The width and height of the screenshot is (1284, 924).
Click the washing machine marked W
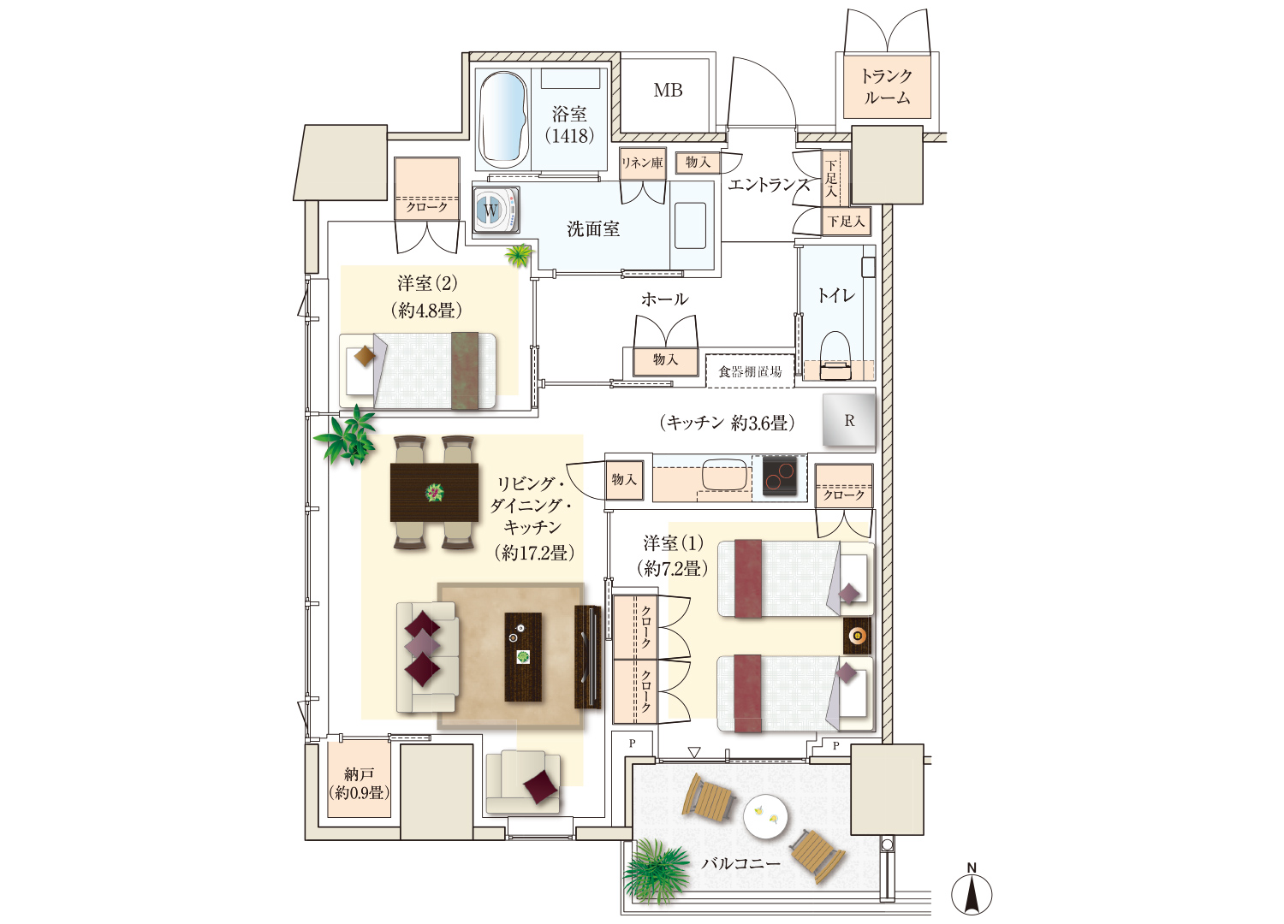tap(496, 209)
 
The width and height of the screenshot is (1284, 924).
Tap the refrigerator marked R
tap(849, 420)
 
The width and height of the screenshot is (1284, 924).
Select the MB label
tap(668, 90)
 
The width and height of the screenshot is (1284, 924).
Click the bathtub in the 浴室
tap(503, 119)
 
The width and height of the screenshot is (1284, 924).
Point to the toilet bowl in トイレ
tap(835, 356)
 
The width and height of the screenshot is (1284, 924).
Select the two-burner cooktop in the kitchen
tap(780, 476)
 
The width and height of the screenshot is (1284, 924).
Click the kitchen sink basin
tap(724, 474)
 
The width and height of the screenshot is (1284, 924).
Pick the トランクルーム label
tap(887, 86)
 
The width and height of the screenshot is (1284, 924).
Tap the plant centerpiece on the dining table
tap(434, 492)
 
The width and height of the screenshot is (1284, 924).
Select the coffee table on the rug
tap(523, 657)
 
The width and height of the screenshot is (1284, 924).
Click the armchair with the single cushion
tap(523, 782)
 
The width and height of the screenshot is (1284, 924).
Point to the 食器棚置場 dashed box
tap(750, 371)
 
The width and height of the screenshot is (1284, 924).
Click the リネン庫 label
tap(642, 163)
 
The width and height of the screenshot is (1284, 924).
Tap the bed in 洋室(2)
tap(418, 371)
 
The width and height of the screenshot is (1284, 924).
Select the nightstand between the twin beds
tap(857, 636)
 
